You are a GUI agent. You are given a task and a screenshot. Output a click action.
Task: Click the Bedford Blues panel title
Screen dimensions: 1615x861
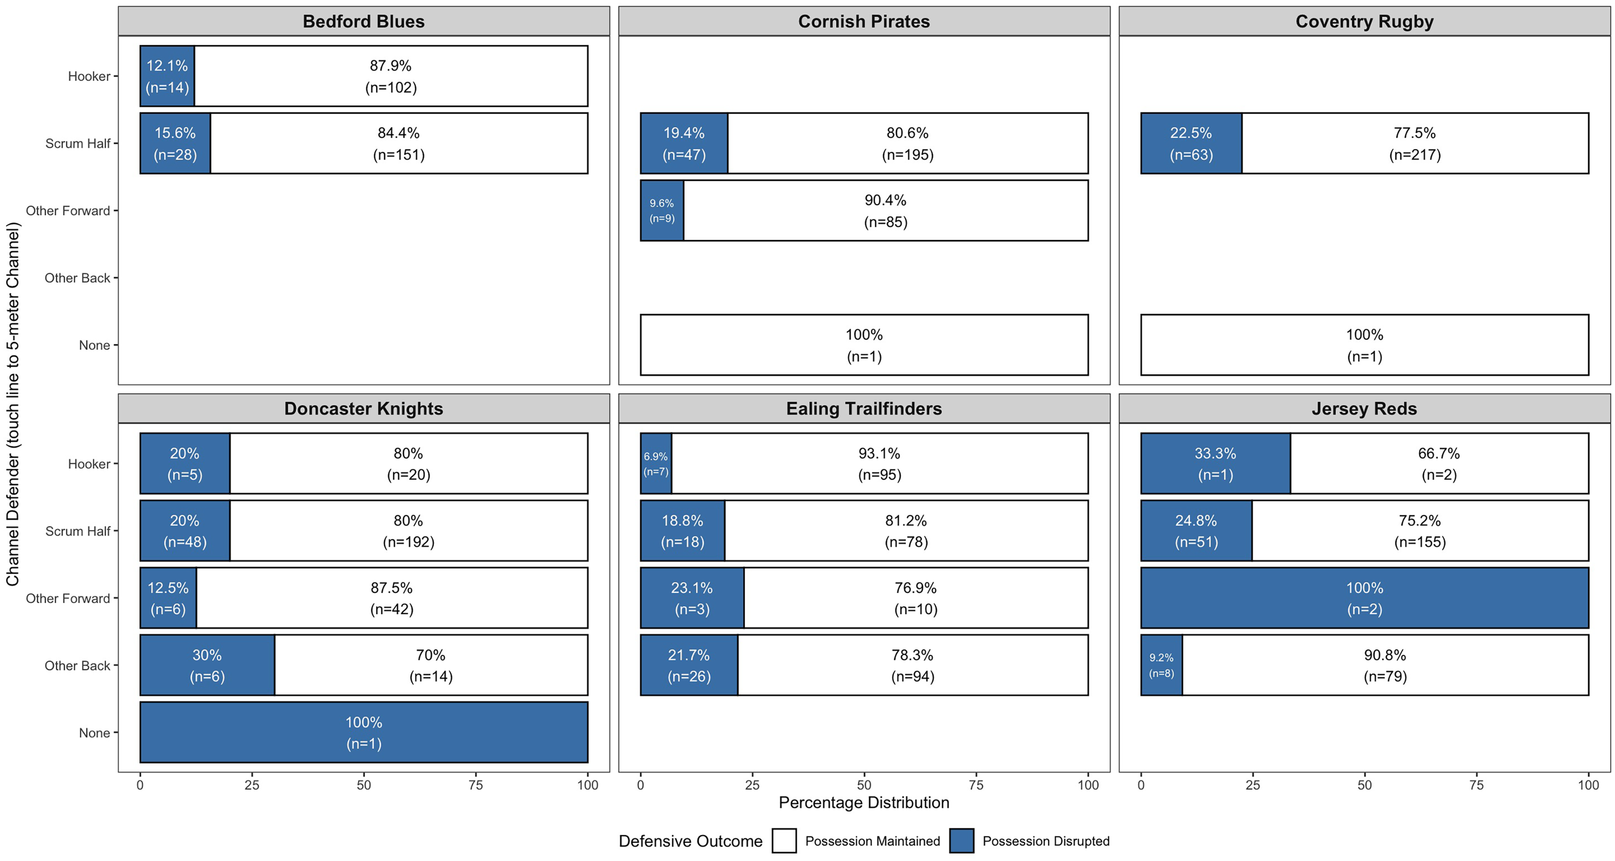click(363, 22)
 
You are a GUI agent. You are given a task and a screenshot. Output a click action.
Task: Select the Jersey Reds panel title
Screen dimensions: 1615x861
click(1364, 408)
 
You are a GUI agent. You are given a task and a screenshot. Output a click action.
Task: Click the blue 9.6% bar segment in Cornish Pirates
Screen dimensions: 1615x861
click(662, 210)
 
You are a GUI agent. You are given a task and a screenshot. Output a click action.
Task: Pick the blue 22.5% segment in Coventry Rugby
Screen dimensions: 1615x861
click(1191, 143)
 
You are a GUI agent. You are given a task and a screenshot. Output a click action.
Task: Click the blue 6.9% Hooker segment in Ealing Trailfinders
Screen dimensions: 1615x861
click(656, 463)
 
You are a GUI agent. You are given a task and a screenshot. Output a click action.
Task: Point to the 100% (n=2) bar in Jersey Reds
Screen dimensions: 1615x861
click(1364, 598)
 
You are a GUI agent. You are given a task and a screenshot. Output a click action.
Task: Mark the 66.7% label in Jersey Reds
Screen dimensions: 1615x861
click(1439, 454)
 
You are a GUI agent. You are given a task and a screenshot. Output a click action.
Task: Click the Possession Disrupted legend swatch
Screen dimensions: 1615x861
click(962, 841)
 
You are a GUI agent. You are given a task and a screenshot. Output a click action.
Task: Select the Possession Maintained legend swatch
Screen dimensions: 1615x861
click(784, 841)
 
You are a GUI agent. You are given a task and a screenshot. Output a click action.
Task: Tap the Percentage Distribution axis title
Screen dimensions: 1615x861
click(864, 803)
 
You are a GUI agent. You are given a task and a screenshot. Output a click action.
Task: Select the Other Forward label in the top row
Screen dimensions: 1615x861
click(68, 211)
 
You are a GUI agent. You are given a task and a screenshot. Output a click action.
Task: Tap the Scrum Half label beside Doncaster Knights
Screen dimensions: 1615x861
click(78, 531)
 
